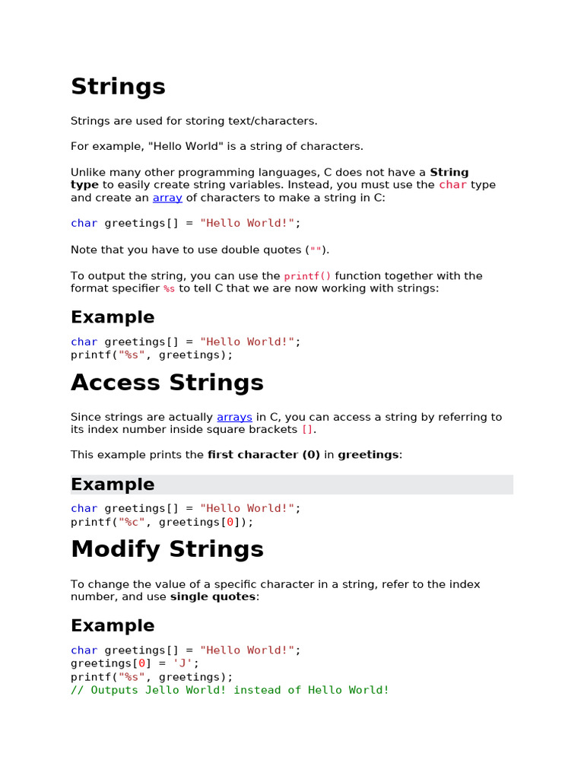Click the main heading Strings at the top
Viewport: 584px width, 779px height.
point(118,87)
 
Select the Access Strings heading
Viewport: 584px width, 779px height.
point(167,383)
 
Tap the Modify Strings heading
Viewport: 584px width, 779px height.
point(167,549)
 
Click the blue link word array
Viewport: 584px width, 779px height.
point(167,198)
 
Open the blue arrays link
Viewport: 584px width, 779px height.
point(234,417)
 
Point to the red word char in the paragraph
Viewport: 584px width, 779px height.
point(453,185)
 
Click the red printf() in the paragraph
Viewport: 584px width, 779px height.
point(308,276)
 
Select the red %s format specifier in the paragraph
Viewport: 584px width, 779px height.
point(169,289)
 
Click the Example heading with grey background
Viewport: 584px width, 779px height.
point(113,485)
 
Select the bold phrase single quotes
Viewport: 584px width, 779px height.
point(213,597)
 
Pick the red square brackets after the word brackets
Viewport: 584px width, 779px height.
point(307,430)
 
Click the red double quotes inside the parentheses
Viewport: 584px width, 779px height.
point(316,250)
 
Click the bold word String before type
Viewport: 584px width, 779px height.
point(449,172)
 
